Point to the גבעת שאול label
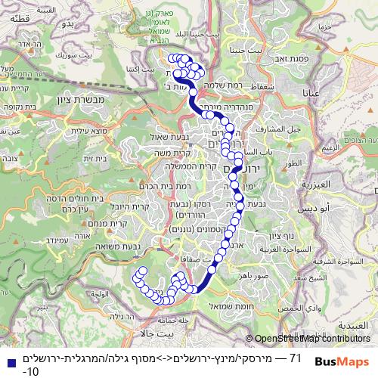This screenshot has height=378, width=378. [168, 137]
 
